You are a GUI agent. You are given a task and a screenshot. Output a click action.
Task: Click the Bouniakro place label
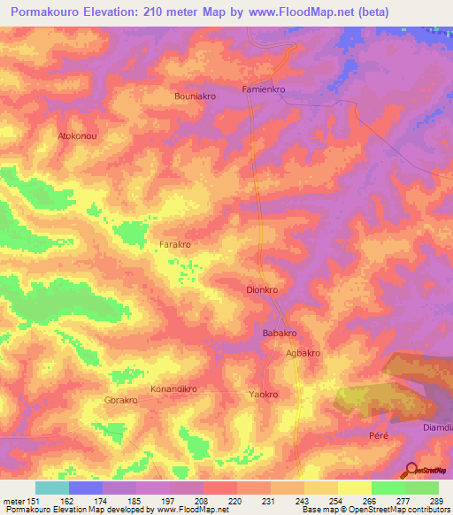click(196, 96)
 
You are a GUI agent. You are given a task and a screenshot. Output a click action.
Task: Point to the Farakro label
click(175, 244)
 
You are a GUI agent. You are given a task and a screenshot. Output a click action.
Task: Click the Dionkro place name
click(262, 289)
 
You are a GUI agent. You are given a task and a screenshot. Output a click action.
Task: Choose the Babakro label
click(279, 333)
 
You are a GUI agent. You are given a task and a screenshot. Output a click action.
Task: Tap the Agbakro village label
click(303, 353)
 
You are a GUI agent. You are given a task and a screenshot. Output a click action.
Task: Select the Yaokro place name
click(264, 395)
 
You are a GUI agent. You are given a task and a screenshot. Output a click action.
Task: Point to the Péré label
click(379, 435)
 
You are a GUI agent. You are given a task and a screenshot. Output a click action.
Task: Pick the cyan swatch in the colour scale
click(52, 488)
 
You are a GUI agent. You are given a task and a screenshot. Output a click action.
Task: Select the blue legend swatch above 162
click(86, 488)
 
